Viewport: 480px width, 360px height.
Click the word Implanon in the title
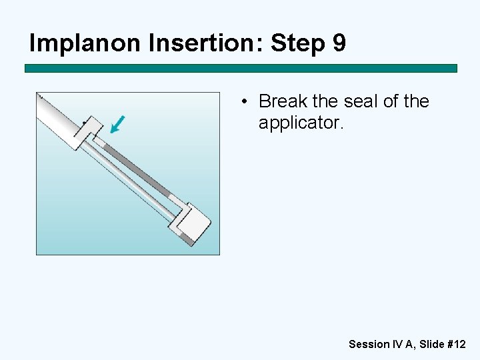[85, 43]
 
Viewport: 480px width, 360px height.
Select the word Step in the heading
[297, 43]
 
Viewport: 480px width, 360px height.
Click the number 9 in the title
[339, 43]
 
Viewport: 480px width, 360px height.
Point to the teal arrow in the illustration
[117, 124]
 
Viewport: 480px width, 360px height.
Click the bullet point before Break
[244, 101]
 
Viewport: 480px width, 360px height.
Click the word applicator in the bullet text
[301, 123]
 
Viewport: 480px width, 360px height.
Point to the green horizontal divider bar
[241, 68]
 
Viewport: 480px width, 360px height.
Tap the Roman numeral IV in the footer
[397, 344]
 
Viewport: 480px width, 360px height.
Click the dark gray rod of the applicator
[137, 170]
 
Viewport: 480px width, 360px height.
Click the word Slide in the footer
[431, 344]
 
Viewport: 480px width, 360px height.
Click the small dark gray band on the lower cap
[187, 239]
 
